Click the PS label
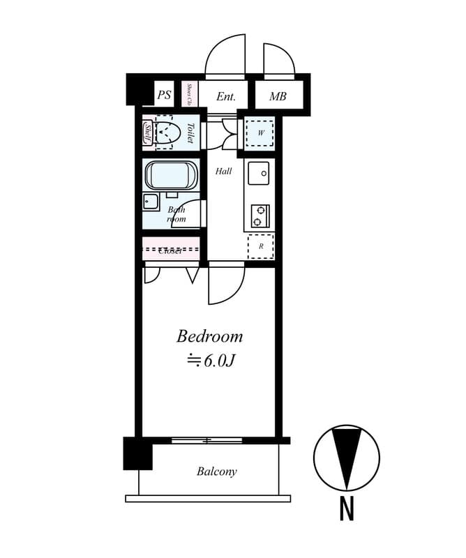point(164,96)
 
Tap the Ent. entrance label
point(225,96)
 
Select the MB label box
point(278,96)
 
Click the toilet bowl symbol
point(166,132)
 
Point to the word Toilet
point(190,133)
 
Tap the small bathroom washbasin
point(151,202)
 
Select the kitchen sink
point(259,172)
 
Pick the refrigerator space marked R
point(261,246)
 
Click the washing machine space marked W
point(260,132)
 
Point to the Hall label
point(223,171)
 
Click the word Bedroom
point(209,336)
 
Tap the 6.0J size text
point(209,361)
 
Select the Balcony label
point(216,472)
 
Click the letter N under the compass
point(347,508)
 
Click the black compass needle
point(347,454)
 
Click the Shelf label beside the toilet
point(148,132)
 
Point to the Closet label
point(170,250)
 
